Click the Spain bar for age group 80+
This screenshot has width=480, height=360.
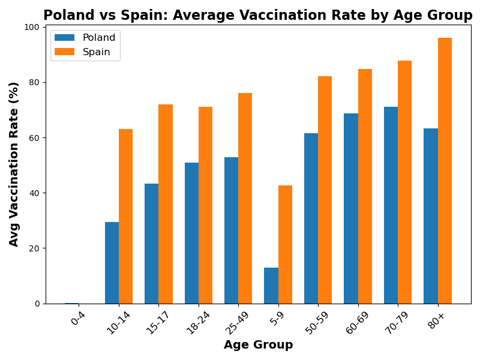[445, 171]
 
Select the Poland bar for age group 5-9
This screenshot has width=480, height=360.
[271, 286]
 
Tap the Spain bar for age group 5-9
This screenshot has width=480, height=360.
[285, 245]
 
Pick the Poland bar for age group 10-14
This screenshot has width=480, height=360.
[112, 263]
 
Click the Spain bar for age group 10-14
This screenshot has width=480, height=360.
[125, 216]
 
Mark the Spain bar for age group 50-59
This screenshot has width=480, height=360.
[325, 190]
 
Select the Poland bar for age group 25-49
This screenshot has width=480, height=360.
[231, 230]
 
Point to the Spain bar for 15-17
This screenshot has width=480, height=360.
[166, 204]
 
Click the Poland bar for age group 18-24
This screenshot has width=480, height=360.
[191, 233]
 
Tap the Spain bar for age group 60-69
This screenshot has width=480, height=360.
[365, 186]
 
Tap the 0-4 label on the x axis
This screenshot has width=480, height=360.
[78, 317]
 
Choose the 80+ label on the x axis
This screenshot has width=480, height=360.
[436, 317]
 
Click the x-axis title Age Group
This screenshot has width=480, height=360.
[258, 345]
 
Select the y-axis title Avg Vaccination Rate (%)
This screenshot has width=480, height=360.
[14, 164]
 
